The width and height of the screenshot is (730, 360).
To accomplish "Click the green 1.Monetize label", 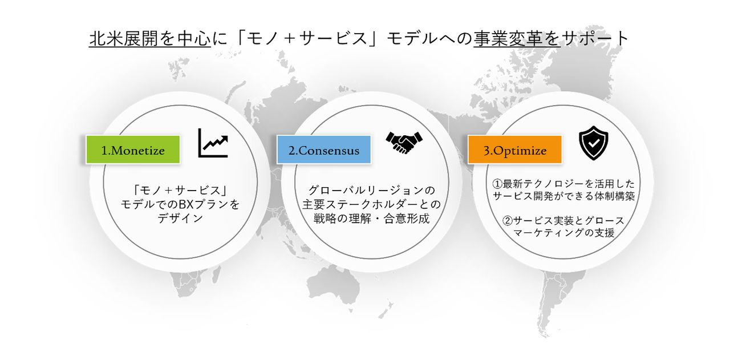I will [x=133, y=151].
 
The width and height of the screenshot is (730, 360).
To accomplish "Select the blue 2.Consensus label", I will [x=324, y=151].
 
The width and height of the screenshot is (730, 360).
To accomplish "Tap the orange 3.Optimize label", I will [x=515, y=151].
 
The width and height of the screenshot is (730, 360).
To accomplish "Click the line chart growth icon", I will [x=213, y=143].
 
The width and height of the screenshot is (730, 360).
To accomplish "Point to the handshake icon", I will [x=404, y=143].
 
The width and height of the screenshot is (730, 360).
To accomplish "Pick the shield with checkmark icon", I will [x=593, y=143].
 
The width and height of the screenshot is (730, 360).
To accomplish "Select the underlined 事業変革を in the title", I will [x=517, y=38].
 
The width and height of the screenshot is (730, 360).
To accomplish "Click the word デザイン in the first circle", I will [x=180, y=219].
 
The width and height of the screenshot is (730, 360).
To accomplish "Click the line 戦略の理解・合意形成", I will [x=371, y=219].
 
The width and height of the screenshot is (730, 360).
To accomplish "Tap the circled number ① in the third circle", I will [x=497, y=184].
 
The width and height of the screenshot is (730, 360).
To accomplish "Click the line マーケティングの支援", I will [x=563, y=233].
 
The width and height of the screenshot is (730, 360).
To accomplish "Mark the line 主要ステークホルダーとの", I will [x=371, y=204].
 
